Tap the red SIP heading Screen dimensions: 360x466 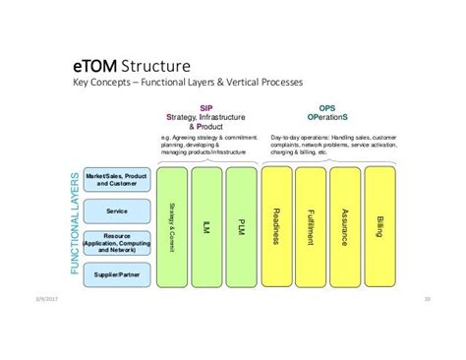point(204,108)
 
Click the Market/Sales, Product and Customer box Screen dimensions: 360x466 point(116,180)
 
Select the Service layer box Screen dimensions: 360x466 point(116,210)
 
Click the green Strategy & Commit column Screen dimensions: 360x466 point(171,226)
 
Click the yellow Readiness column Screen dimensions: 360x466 point(276,226)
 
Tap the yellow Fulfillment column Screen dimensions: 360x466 point(311,226)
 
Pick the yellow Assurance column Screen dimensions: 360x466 point(345,226)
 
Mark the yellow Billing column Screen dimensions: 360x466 point(379,226)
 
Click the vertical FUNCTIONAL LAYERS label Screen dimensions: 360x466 point(73,224)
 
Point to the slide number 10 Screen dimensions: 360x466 point(428,300)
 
